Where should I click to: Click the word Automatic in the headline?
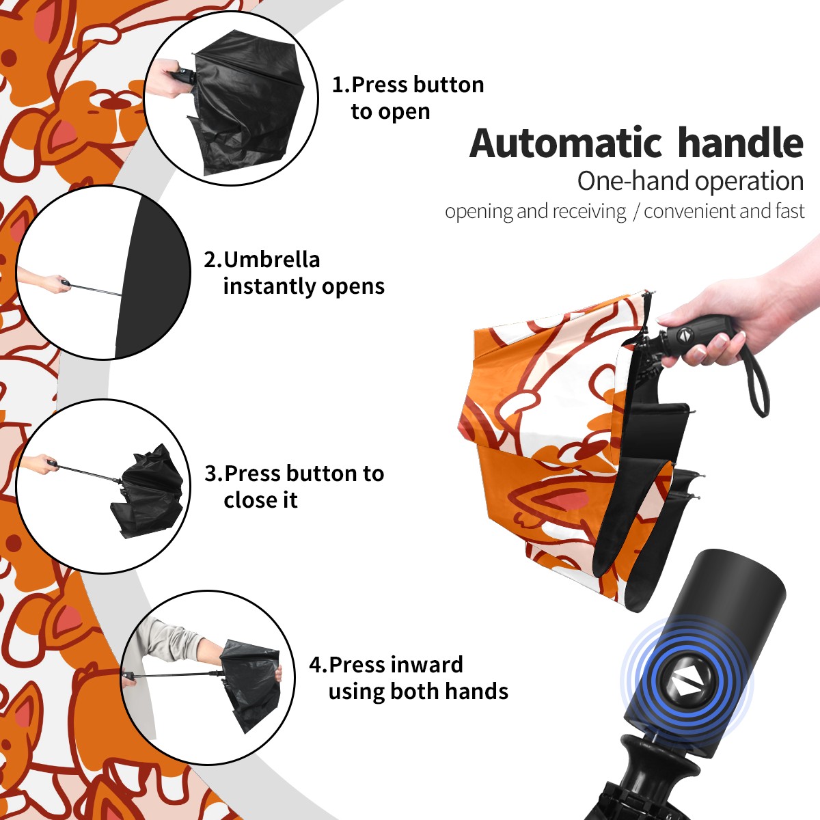pos(566,143)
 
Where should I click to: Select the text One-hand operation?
pos(690,181)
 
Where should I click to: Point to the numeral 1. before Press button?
pos(341,85)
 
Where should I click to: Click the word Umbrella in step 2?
pos(271,260)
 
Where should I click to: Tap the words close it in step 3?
pos(260,500)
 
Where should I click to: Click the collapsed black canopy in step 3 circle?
pos(149,491)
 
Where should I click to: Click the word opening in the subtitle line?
pos(479,212)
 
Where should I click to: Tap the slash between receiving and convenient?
pos(635,211)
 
